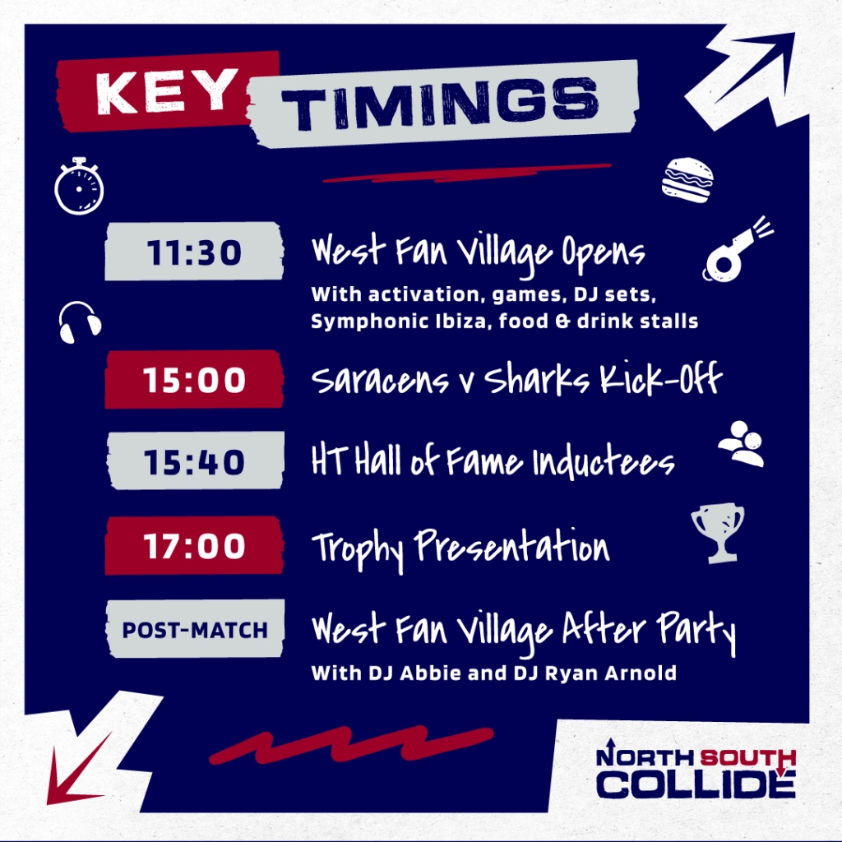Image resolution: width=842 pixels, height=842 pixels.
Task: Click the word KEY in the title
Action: click(x=167, y=92)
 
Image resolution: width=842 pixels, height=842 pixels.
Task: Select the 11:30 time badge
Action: click(x=194, y=252)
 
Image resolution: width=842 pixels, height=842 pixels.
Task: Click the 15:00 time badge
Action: click(x=194, y=380)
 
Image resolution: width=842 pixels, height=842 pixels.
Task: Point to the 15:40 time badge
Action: click(x=195, y=461)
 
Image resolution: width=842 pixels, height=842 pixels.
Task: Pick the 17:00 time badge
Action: click(x=194, y=546)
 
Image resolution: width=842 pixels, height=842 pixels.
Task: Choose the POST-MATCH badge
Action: click(x=195, y=629)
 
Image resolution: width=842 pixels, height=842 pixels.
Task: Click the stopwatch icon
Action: click(x=79, y=186)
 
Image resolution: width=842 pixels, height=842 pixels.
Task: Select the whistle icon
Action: click(x=737, y=249)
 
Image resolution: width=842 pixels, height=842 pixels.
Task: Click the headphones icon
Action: click(x=80, y=322)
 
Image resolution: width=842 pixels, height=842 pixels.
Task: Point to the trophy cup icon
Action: click(x=718, y=533)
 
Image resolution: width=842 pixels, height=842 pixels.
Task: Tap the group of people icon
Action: click(x=742, y=443)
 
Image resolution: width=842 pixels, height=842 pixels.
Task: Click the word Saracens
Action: click(x=380, y=380)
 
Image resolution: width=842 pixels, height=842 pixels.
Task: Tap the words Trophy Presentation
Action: click(x=460, y=548)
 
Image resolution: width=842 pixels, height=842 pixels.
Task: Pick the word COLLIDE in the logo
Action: click(x=696, y=784)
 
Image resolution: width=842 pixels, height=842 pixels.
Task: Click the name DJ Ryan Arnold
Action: click(x=595, y=673)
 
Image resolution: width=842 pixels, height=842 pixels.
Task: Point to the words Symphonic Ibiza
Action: click(x=400, y=322)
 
